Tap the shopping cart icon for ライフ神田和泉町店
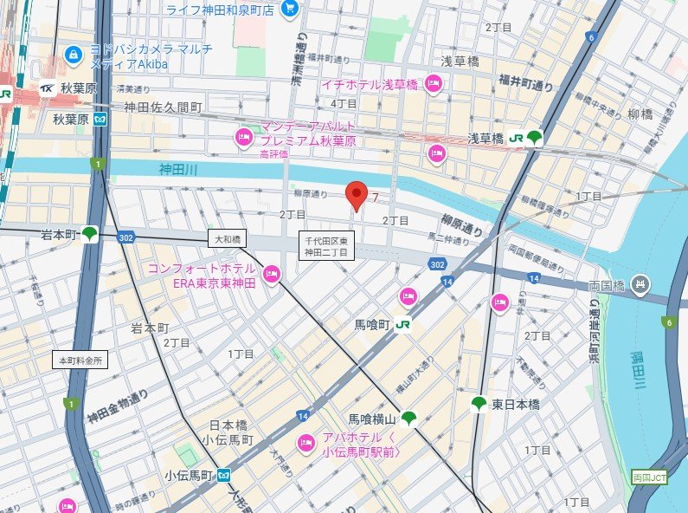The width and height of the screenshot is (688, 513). (290, 10)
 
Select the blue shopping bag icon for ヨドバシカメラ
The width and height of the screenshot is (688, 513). (74, 54)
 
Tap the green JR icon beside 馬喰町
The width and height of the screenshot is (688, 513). (402, 325)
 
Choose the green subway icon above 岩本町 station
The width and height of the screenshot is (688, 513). (90, 233)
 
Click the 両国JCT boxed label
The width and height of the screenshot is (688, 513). (648, 477)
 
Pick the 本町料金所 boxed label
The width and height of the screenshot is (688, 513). (80, 359)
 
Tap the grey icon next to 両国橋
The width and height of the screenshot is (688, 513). (640, 283)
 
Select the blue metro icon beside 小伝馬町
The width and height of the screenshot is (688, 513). (224, 475)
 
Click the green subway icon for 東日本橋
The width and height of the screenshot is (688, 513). (479, 404)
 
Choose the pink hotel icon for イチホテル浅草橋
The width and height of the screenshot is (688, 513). (434, 84)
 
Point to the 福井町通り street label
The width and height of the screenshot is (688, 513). (525, 85)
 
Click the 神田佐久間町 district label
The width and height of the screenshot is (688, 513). (163, 107)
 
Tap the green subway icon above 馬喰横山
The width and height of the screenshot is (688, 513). (408, 419)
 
